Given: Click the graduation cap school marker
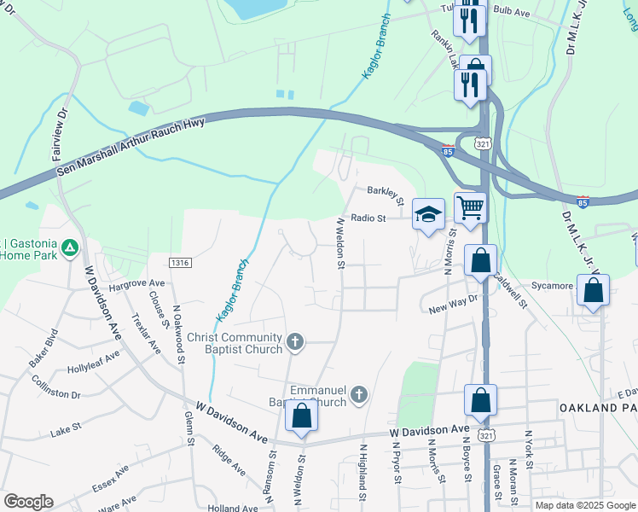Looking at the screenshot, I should [x=428, y=214].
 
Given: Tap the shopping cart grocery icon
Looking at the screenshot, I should [x=470, y=207].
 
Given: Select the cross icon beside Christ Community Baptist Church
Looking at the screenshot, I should [x=295, y=342].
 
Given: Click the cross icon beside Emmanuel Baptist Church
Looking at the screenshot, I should [x=359, y=395].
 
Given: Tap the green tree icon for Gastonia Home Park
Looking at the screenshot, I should [x=71, y=247].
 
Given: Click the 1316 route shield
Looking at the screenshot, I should [x=179, y=263].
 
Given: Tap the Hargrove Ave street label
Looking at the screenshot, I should [x=137, y=282].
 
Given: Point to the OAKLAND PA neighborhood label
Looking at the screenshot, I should [x=598, y=409].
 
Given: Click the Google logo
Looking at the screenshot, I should [x=28, y=501].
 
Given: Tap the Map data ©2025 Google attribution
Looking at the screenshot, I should [x=586, y=505].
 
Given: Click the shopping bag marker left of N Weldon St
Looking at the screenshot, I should [x=301, y=416].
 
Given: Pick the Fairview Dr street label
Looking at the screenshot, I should [x=60, y=134].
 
